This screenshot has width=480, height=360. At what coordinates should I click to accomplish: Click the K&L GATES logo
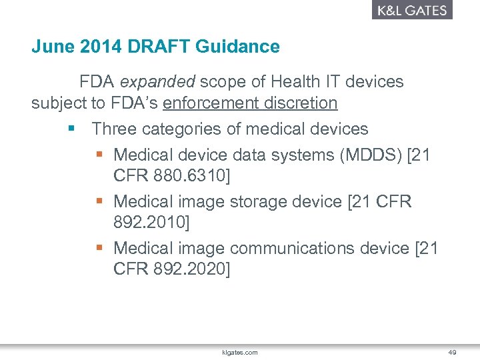pos(412,10)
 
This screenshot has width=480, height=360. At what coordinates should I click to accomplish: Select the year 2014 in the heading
pos(92,47)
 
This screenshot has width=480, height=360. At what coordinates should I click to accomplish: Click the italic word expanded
pos(157,82)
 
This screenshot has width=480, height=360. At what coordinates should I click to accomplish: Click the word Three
pos(114,128)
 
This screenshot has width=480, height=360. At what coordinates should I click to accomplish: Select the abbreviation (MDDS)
pos(370,155)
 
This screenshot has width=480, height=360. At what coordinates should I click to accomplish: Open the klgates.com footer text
pos(239,352)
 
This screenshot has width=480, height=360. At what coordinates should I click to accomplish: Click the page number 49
pos(452,352)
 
